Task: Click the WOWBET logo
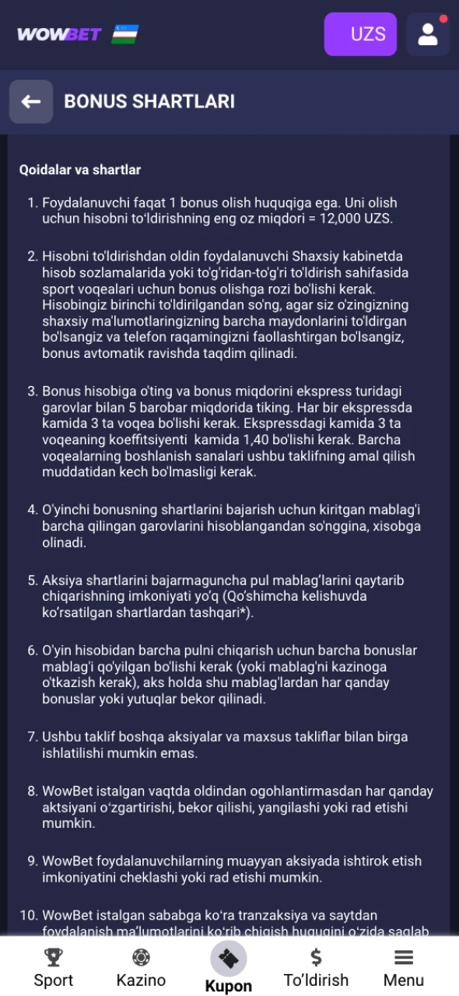click(59, 34)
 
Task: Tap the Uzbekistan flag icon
click(125, 34)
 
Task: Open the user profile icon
click(427, 34)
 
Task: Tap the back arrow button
click(31, 102)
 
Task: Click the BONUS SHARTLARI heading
click(149, 102)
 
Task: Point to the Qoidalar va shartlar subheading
click(79, 170)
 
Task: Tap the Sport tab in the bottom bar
click(54, 980)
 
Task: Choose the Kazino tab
click(141, 980)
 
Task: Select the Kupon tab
click(228, 986)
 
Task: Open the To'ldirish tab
click(316, 980)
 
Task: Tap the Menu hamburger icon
click(403, 958)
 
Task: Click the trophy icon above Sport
click(54, 957)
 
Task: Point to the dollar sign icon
click(316, 957)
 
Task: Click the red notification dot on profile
click(443, 19)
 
